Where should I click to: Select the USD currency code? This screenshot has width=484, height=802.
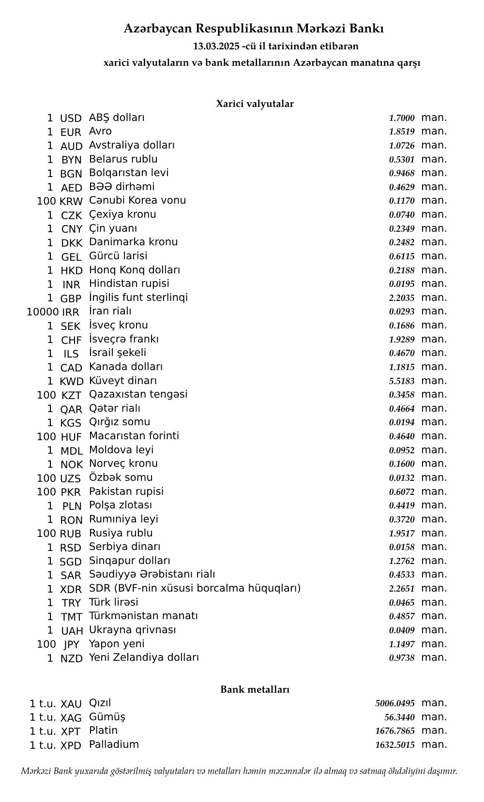(71, 119)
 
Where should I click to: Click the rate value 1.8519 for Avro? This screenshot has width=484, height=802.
(402, 132)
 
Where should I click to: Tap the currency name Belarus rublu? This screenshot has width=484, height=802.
(123, 159)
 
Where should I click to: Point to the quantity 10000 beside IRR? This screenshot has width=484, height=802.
(43, 312)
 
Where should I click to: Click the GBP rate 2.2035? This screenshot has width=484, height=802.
(402, 298)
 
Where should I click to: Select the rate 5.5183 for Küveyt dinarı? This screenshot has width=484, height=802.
(402, 381)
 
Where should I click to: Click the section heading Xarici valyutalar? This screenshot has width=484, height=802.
(255, 104)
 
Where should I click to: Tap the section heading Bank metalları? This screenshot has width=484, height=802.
(255, 689)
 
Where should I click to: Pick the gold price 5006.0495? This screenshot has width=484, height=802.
(395, 703)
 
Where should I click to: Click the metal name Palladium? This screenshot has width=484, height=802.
(114, 744)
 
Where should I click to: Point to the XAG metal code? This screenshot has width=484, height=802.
(71, 718)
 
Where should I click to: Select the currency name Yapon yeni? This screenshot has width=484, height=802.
(117, 644)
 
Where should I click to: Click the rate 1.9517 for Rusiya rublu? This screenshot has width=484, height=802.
(402, 534)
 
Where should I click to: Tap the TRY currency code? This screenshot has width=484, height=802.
(71, 603)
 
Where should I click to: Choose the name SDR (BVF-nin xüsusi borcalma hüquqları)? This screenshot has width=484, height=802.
(195, 588)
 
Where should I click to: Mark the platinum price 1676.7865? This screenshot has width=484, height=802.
(395, 731)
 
